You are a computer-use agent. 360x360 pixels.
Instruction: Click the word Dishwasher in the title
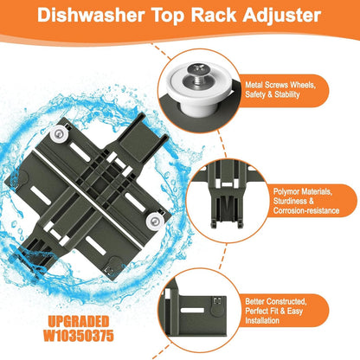click(91, 16)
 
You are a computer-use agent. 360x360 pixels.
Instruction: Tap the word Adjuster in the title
click(281, 16)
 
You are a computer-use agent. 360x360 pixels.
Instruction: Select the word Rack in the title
click(214, 16)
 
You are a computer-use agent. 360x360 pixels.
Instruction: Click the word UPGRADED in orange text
click(79, 321)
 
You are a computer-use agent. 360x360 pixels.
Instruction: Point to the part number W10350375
click(79, 336)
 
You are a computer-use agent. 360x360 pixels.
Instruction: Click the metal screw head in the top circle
click(197, 70)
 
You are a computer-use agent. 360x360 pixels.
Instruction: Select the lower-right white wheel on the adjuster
click(155, 222)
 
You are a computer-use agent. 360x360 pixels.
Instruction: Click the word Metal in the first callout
click(254, 85)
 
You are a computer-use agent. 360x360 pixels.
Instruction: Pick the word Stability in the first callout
click(286, 94)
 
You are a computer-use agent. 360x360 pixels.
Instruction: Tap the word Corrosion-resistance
click(306, 210)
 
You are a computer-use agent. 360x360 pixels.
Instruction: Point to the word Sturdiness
click(291, 201)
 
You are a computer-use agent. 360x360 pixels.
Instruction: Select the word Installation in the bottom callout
click(262, 320)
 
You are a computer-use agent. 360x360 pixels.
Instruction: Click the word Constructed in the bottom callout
click(286, 302)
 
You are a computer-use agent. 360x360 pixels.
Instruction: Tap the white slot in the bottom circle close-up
click(192, 311)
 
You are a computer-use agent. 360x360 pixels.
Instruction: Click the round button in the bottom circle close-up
click(218, 310)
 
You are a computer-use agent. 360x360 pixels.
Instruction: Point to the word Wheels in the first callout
click(303, 85)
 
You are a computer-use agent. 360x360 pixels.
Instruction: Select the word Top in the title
click(168, 16)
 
